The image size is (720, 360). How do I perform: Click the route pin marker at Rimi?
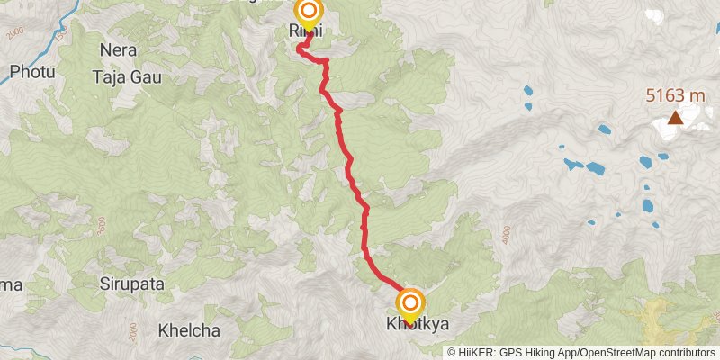[309, 13]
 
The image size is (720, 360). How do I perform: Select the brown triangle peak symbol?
[674, 117]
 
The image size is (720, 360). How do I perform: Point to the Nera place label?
[120, 50]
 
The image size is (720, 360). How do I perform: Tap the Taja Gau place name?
[127, 77]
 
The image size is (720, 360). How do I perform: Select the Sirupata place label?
[131, 283]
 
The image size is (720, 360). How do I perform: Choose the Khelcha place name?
[188, 330]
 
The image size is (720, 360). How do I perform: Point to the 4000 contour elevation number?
[508, 233]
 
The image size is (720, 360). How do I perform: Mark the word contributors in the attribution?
[684, 352]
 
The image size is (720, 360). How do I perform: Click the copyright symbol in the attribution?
[451, 352]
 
